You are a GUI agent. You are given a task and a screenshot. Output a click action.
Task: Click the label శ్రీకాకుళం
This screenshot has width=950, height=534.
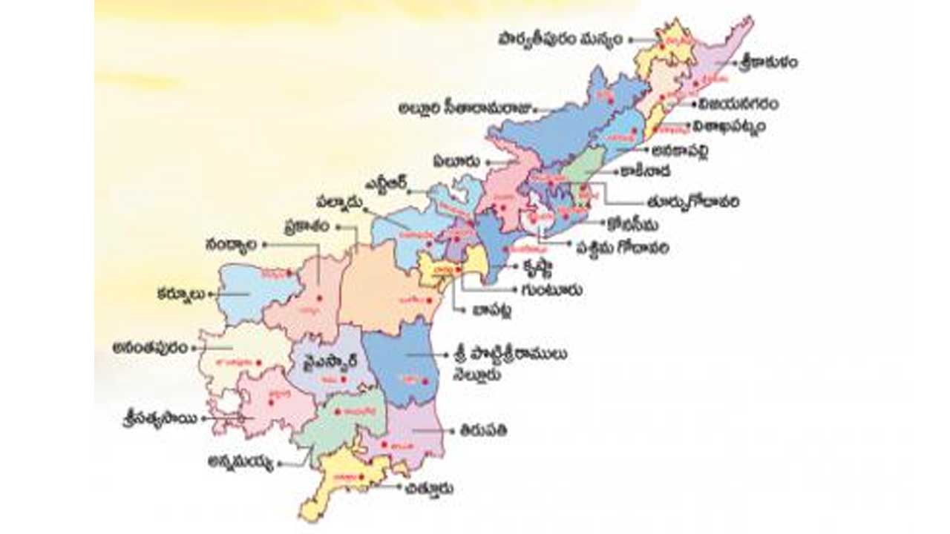[767, 63]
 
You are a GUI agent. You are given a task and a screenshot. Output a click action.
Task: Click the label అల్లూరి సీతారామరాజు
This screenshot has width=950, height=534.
[465, 110]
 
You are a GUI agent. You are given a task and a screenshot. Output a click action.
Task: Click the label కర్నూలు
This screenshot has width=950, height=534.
[180, 293]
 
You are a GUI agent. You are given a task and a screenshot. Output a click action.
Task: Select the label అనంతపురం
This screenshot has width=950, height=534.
[149, 346]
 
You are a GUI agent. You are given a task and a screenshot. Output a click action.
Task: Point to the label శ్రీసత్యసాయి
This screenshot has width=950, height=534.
[160, 418]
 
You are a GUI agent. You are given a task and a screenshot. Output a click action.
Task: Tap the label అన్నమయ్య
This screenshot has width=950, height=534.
[240, 463]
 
